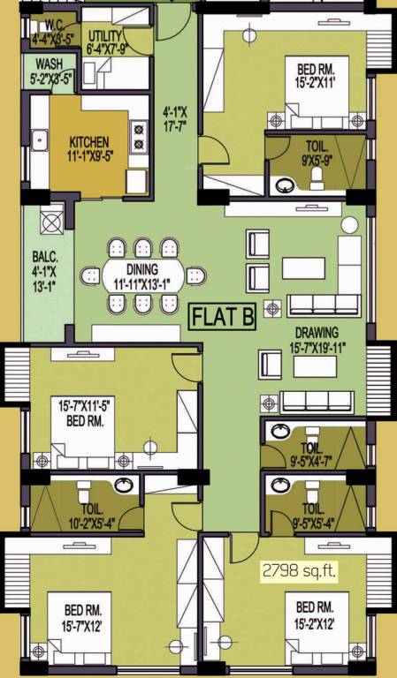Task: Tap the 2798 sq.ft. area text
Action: pos(299,571)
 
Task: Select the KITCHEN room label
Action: pos(88,141)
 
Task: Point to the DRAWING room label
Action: pos(319,334)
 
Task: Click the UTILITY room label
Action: pos(109,34)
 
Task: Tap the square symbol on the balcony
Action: pos(51,218)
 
